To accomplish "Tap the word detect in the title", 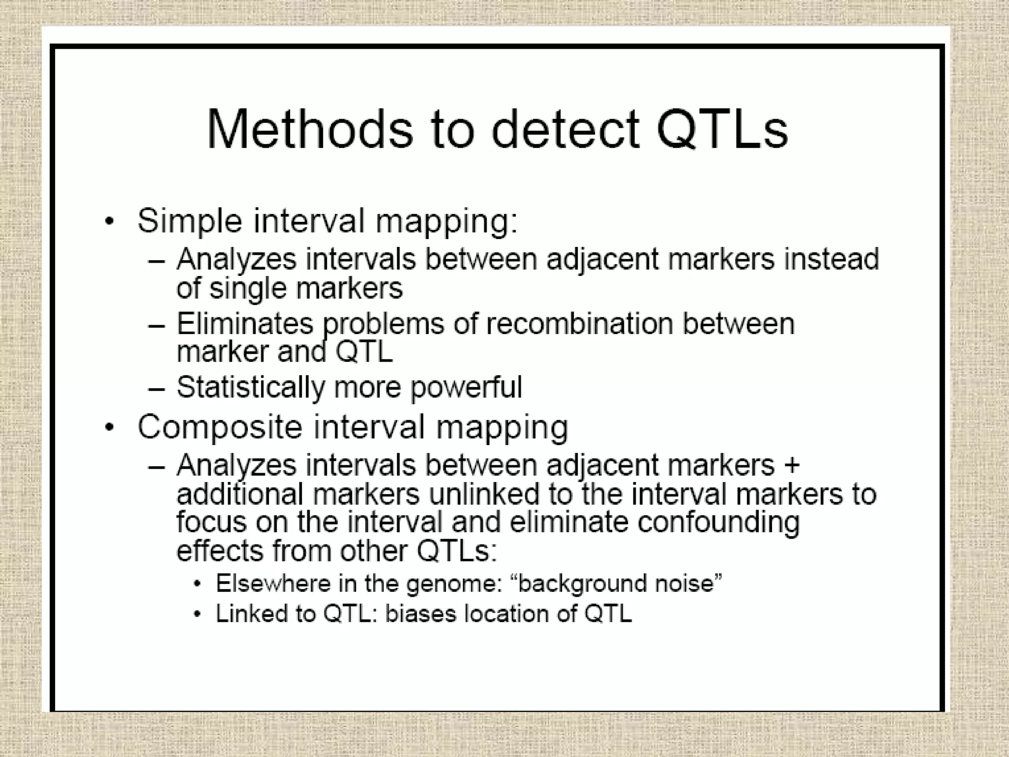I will tap(565, 129).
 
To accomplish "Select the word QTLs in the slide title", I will tap(722, 129).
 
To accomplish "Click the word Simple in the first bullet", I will tap(190, 221).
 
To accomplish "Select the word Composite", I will tap(219, 427).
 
